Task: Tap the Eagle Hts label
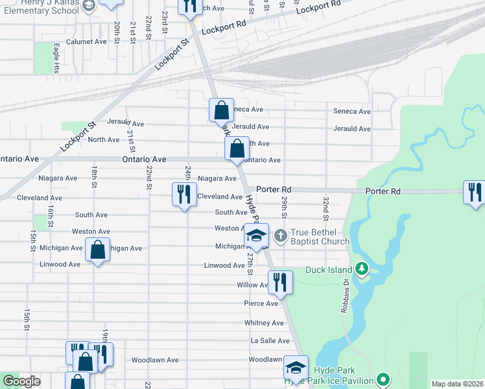(57, 58)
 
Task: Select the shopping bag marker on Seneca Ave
(221, 110)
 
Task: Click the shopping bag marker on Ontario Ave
(237, 149)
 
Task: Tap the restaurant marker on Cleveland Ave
(184, 194)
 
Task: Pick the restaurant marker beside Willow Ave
(280, 282)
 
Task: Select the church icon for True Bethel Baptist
(281, 235)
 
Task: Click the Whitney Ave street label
(264, 323)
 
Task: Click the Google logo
(21, 381)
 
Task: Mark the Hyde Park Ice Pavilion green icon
(384, 379)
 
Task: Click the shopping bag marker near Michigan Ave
(97, 250)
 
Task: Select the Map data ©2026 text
(457, 384)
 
